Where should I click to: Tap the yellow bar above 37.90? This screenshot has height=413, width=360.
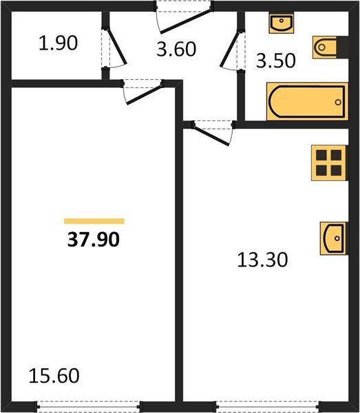94,221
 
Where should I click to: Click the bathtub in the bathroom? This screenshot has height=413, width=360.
306,100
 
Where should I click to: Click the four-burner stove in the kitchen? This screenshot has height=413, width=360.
328,162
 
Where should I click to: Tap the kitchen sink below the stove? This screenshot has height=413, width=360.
333,239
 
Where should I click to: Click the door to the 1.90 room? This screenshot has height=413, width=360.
113,48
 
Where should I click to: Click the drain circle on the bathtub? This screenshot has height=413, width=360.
338,100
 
